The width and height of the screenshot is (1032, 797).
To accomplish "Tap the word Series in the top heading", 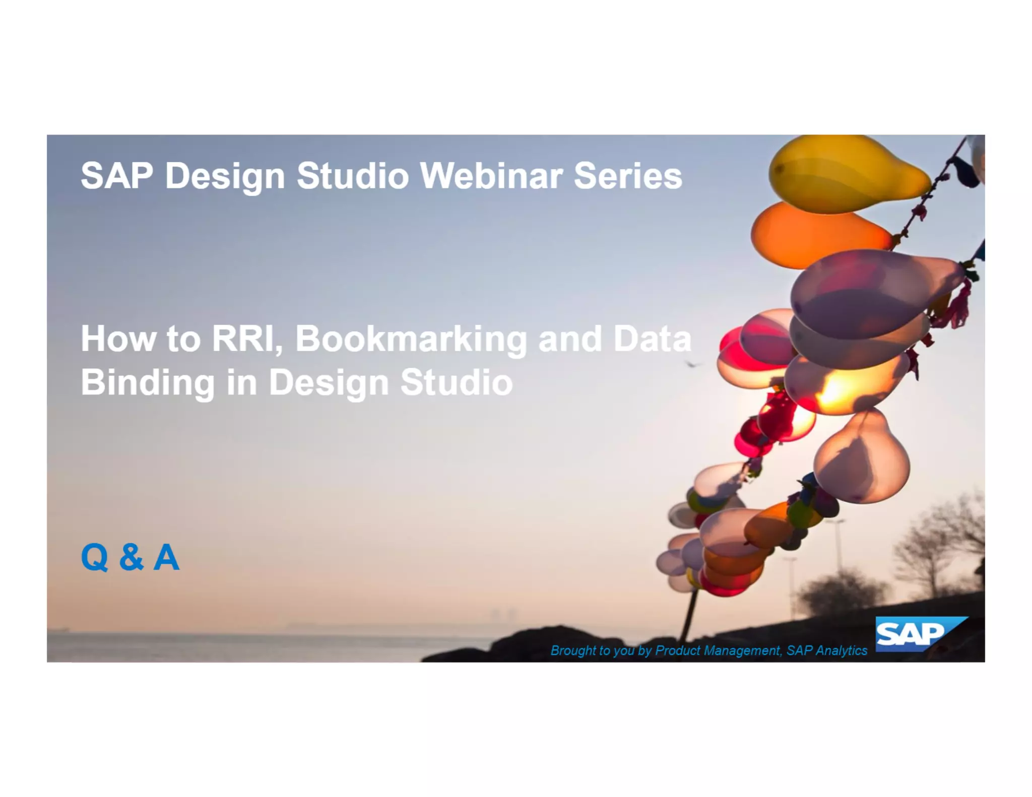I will click(628, 176).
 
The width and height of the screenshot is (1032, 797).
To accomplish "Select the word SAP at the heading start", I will click(117, 176).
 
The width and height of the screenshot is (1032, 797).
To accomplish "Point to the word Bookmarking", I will click(411, 340).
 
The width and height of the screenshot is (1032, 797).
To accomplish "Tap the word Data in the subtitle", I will click(652, 339).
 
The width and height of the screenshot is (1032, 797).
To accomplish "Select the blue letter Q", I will click(95, 557).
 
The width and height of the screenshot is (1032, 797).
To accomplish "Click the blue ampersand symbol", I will click(131, 557).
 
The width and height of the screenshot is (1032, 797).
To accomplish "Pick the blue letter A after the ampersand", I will click(166, 557).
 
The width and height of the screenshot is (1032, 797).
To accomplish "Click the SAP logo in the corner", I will click(915, 634).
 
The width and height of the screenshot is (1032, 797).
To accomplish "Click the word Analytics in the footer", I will click(841, 650).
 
